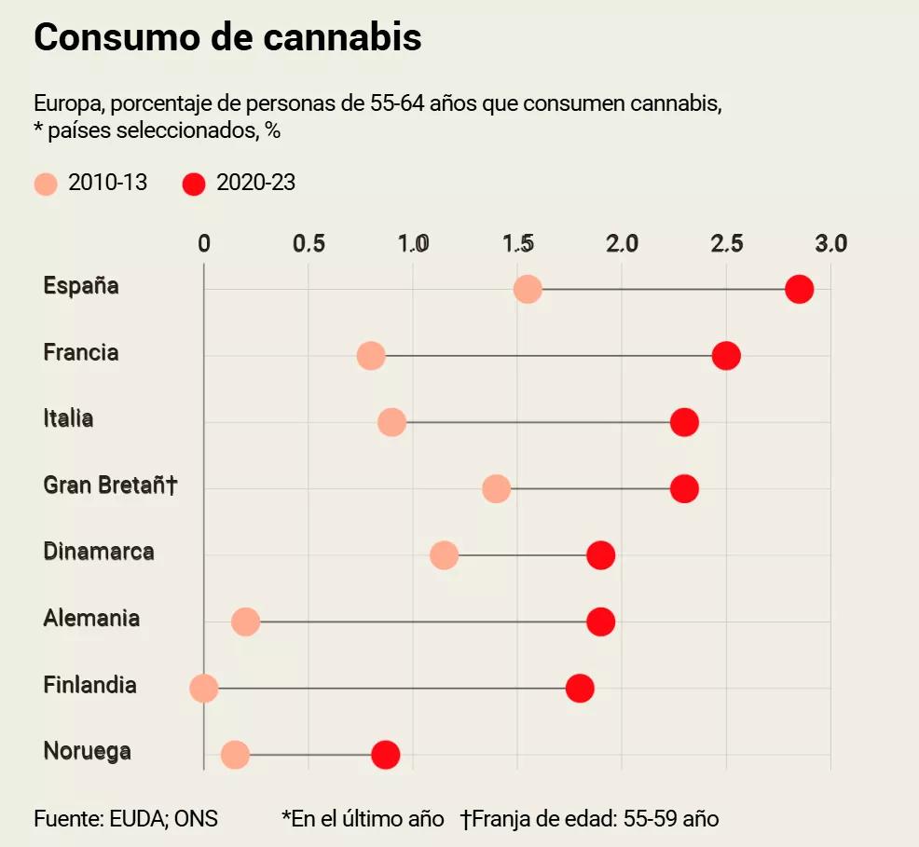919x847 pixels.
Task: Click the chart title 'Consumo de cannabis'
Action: [x=227, y=38]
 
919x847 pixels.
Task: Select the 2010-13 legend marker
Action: [x=46, y=184]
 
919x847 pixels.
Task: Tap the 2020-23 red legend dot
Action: [x=194, y=184]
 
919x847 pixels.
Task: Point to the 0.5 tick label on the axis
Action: [x=309, y=244]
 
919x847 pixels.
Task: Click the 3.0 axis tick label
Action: [x=830, y=244]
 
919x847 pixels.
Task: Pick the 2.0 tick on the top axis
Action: [x=622, y=244]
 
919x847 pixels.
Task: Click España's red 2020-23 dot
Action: [x=799, y=289]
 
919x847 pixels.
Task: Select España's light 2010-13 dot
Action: [x=528, y=289]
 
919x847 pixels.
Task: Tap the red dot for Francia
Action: [x=726, y=356]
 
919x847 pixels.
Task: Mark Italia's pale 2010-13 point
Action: [x=392, y=422]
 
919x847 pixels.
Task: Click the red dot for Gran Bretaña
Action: [x=684, y=489]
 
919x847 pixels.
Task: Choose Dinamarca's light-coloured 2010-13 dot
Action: [x=445, y=555]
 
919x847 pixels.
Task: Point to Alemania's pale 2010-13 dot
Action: [x=246, y=622]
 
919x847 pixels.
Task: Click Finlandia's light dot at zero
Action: [x=204, y=689]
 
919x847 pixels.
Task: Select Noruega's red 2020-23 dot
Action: [x=386, y=755]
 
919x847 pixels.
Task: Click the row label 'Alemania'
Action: [x=91, y=618]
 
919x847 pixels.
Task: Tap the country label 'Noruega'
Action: [x=87, y=751]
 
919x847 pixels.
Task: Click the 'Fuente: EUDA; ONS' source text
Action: [x=126, y=819]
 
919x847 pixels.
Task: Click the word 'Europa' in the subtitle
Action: [x=64, y=103]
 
